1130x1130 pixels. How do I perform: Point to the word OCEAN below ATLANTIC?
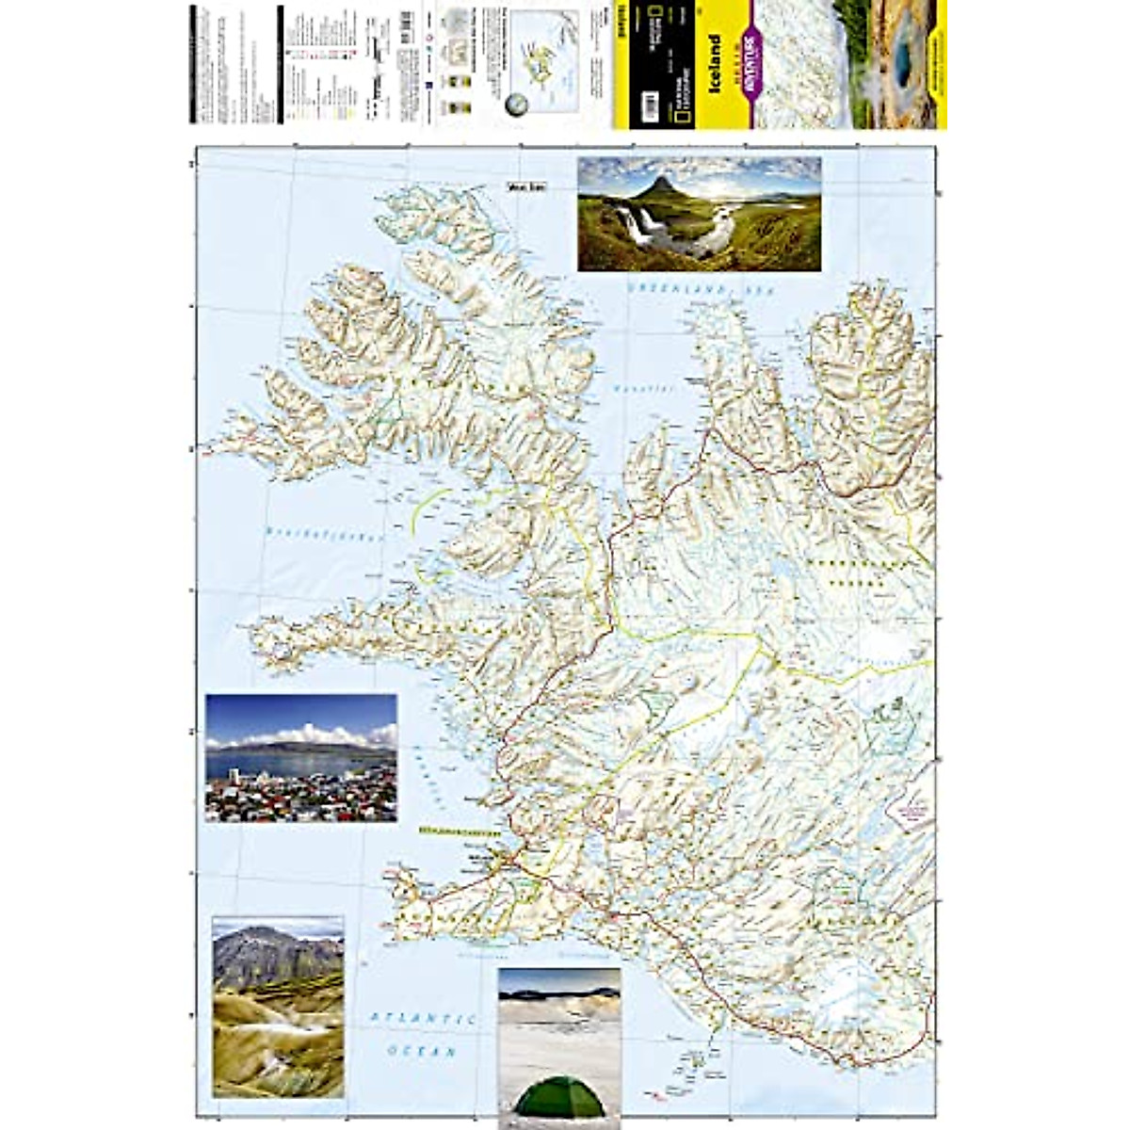(423, 1050)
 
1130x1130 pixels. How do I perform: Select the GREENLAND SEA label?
(701, 290)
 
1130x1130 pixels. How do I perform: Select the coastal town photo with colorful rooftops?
(300, 758)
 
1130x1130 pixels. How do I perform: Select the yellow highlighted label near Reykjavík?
(457, 832)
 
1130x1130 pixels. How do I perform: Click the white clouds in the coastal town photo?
(311, 734)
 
